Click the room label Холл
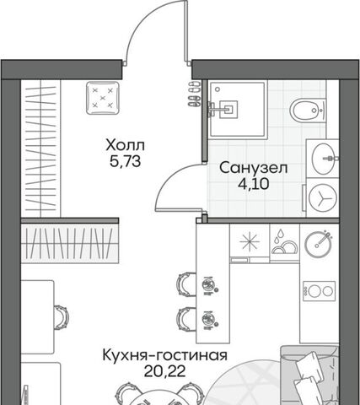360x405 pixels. pos(126,145)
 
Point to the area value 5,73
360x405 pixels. pos(125,161)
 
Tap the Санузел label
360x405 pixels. pos(254,168)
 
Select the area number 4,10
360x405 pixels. pos(254,184)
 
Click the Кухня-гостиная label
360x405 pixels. pos(164,355)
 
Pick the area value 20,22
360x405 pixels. pos(164,371)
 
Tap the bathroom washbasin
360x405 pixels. pos(324,159)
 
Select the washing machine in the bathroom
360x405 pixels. pos(323,197)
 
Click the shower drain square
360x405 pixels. pos(228,109)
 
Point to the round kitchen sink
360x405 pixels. pos(318,244)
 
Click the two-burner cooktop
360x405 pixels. pos(319,291)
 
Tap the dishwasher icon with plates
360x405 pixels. pos(284,243)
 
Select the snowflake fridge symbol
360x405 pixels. pos(250,242)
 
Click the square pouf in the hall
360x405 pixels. pos(103,98)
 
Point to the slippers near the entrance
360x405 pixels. pos(195,94)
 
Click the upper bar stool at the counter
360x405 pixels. pos(186,284)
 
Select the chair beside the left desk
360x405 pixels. pos(61,317)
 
